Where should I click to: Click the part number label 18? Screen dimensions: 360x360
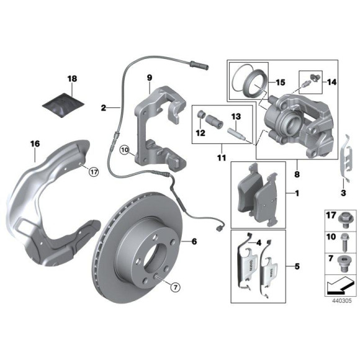pos(73,79)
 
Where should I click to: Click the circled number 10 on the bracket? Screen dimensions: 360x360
pos(124,150)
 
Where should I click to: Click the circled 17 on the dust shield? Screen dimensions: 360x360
pos(92,172)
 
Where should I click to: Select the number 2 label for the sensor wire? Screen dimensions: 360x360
pos(104,107)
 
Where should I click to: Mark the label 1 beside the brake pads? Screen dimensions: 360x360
pos(296,194)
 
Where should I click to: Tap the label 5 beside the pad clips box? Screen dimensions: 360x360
pos(296,267)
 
